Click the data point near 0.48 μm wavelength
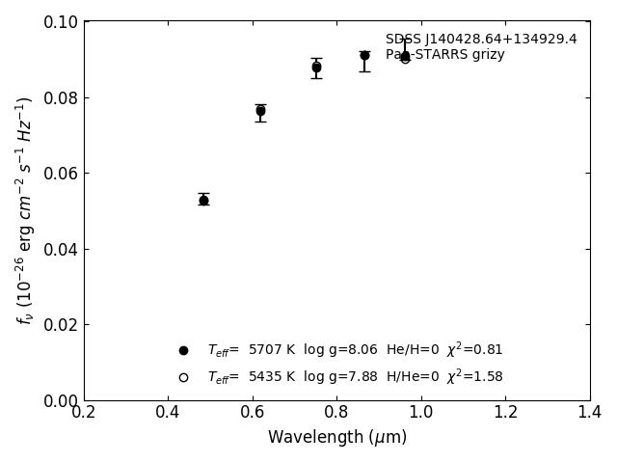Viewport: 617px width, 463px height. coord(203,200)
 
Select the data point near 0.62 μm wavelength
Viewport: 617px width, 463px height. coord(260,111)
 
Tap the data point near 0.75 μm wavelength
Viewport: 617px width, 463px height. coord(316,68)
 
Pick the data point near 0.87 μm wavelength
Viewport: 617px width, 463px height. coord(364,55)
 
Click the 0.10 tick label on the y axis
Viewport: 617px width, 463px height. coord(60,22)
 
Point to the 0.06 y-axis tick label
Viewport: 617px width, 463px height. coord(60,174)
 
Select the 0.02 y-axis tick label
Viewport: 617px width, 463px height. coord(60,325)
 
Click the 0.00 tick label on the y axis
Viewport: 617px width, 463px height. coord(60,400)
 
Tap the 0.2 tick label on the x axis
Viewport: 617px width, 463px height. coord(84,413)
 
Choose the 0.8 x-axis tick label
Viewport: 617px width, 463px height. coord(336,413)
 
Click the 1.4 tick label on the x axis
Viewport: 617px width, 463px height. coord(590,413)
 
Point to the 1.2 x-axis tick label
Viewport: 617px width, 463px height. coord(505,413)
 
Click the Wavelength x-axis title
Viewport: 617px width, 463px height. coord(336,438)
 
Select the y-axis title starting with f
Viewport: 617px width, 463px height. coord(24,210)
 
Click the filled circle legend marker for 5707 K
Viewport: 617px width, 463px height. coord(183,350)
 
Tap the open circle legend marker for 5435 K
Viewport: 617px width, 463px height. coord(183,377)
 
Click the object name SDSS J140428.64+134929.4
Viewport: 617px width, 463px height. coord(481,40)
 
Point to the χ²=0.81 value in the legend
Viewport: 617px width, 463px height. coord(474,349)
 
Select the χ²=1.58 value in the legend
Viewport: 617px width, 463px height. coord(474,376)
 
